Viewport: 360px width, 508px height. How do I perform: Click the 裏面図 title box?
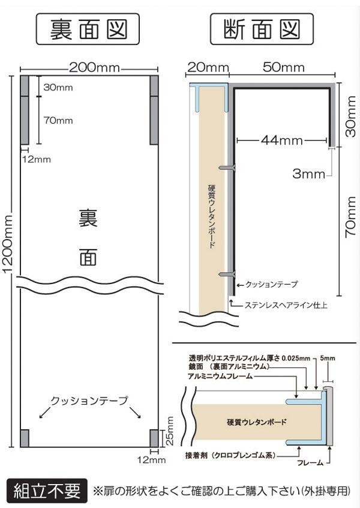click(88, 29)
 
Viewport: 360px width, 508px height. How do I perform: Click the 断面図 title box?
click(262, 29)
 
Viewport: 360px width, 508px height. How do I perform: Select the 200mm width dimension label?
click(94, 68)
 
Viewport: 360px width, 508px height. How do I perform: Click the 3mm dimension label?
click(308, 174)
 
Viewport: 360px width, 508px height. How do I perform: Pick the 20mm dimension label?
click(208, 67)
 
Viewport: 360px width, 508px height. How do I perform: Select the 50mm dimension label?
click(284, 67)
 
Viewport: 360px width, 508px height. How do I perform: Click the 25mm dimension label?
click(170, 431)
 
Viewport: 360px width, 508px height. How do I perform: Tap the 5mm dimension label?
click(328, 358)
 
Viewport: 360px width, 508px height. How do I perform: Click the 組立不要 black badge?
click(47, 491)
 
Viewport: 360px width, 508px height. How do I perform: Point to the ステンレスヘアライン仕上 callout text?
click(286, 305)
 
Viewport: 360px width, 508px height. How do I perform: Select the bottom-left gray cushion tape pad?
click(25, 438)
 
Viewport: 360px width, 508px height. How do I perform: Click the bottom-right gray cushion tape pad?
click(154, 438)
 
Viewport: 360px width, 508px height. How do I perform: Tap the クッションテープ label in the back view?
click(89, 401)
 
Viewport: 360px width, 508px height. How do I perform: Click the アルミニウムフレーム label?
click(220, 376)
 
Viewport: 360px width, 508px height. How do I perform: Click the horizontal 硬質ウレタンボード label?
click(257, 422)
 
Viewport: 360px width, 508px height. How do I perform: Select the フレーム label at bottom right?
click(310, 462)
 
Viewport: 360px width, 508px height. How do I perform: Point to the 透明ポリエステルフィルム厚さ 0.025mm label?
click(250, 358)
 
